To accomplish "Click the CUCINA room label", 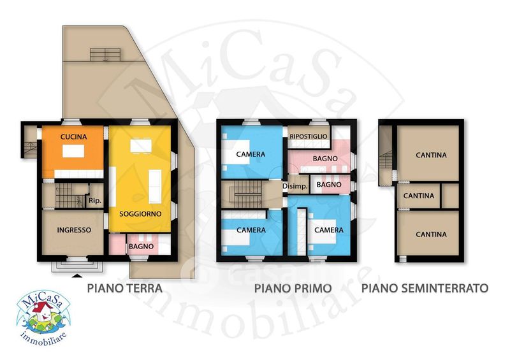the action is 74,137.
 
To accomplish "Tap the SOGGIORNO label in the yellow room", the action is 140,214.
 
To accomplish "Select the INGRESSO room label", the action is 74,230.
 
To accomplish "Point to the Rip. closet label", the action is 95,201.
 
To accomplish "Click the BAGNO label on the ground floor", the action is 141,247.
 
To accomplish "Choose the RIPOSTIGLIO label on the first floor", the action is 309,136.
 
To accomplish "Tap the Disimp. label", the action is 295,187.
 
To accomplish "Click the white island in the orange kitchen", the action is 73,151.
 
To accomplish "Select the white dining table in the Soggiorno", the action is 141,146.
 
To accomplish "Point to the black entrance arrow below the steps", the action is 76,276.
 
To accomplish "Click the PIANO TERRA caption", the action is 124,288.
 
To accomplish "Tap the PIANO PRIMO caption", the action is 293,288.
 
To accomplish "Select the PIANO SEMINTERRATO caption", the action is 425,288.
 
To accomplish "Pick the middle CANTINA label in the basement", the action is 419,196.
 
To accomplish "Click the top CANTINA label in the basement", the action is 431,155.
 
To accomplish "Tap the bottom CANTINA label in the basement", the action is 431,234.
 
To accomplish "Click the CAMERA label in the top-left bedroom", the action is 251,154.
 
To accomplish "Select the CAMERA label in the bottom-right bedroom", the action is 329,230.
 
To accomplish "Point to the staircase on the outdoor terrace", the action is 105,55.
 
